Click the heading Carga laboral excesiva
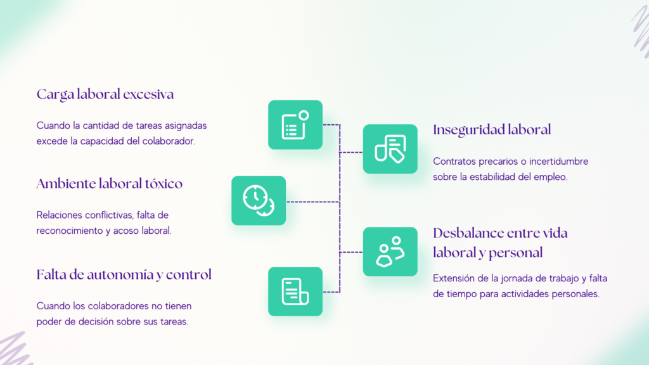(x=105, y=94)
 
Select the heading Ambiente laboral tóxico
(x=109, y=183)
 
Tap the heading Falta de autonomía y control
(x=124, y=275)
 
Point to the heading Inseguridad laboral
(x=492, y=130)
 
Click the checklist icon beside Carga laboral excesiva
(x=295, y=125)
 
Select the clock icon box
(x=259, y=201)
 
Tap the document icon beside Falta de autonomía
(x=295, y=291)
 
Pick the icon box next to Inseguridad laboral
(x=390, y=149)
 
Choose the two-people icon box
(x=390, y=252)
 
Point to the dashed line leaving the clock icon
(x=313, y=202)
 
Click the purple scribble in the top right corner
(x=640, y=30)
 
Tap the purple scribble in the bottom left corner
(x=15, y=349)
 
